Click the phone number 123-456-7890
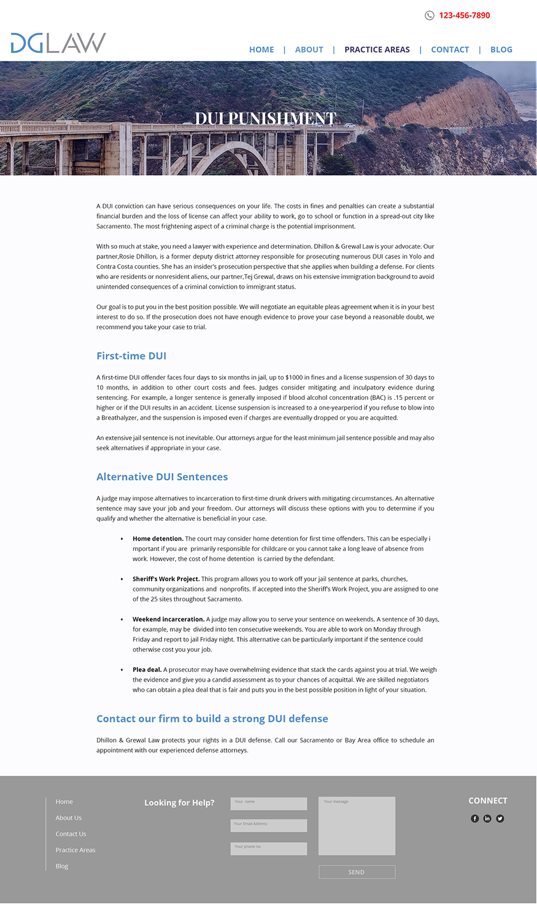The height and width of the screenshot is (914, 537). [x=464, y=15]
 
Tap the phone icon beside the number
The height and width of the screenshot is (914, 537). [x=430, y=15]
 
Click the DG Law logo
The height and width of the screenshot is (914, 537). [x=58, y=43]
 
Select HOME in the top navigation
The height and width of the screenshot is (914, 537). [x=261, y=50]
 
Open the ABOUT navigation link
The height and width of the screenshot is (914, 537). [x=309, y=50]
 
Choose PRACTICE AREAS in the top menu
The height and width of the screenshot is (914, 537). [x=377, y=50]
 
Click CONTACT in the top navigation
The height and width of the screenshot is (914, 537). [x=450, y=50]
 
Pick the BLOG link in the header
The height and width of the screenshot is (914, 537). [x=501, y=50]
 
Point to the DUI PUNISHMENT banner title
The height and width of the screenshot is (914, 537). [x=265, y=118]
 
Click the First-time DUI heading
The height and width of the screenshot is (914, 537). [x=131, y=356]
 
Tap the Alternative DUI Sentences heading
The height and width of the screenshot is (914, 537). [x=162, y=477]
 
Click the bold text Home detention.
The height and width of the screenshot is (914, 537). [x=158, y=539]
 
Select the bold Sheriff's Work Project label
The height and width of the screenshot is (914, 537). [x=166, y=579]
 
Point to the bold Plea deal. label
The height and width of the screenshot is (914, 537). [x=147, y=670]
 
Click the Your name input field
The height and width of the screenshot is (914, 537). [x=268, y=803]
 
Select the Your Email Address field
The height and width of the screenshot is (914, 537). [x=268, y=826]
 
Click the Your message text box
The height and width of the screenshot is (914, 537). [x=357, y=826]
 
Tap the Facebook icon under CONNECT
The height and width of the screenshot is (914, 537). [x=474, y=818]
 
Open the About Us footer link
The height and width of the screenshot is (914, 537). [x=68, y=818]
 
